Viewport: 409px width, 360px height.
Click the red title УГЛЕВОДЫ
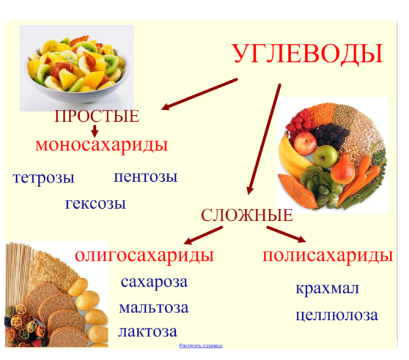[x=308, y=55]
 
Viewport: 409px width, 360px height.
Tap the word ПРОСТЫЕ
[x=97, y=116]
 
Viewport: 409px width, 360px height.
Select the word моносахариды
[x=101, y=145]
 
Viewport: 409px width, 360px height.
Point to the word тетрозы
[x=44, y=178]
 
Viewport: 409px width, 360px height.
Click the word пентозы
[x=146, y=177]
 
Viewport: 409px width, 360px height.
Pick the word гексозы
[x=95, y=204]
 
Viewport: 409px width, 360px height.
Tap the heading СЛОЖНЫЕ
[x=247, y=215]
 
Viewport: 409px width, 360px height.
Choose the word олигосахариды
[x=145, y=256]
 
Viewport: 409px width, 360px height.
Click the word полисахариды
[x=327, y=256]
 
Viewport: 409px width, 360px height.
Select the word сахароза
[x=154, y=282]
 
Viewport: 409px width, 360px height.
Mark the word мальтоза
[x=154, y=308]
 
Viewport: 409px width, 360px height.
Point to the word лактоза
[x=148, y=332]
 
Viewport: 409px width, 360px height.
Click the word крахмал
[x=327, y=289]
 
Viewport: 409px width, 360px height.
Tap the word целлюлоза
[x=337, y=316]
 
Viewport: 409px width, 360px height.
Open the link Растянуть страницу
[x=201, y=346]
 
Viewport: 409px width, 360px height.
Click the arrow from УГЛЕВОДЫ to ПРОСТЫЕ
[x=200, y=94]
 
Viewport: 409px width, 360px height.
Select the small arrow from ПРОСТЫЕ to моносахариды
[x=95, y=131]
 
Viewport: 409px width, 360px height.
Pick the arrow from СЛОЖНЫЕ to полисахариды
[x=286, y=235]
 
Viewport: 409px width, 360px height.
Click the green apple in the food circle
[x=325, y=156]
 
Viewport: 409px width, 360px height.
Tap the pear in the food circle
[x=343, y=169]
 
